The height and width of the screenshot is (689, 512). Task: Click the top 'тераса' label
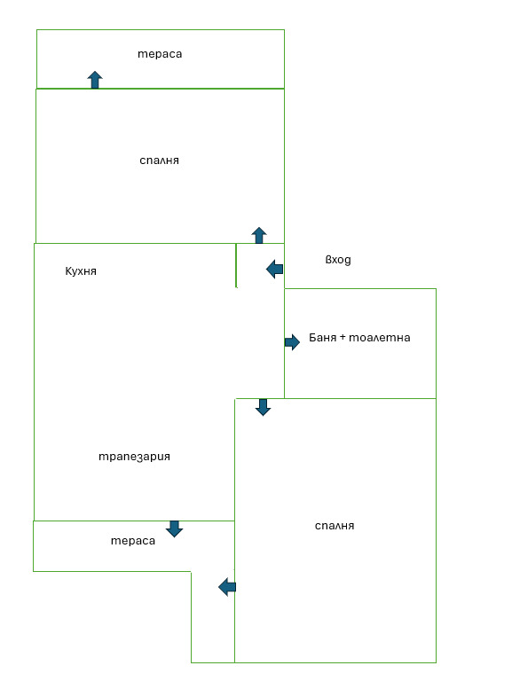click(160, 54)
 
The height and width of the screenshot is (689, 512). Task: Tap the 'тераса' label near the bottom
click(133, 541)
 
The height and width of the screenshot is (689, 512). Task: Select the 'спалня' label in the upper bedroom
click(159, 161)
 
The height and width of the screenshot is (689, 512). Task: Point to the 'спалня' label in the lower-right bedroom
click(335, 526)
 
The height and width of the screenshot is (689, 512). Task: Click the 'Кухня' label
click(81, 271)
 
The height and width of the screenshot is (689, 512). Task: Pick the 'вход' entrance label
click(338, 260)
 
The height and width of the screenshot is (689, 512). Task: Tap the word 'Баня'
click(322, 338)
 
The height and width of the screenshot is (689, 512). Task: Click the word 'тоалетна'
click(380, 338)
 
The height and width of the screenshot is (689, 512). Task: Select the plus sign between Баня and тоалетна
click(343, 338)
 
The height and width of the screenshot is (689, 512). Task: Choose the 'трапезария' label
click(134, 457)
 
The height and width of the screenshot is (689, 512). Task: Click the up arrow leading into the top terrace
click(95, 80)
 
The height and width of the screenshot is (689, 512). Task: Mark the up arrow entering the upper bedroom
click(259, 236)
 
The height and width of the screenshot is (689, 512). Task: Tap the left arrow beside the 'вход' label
click(275, 269)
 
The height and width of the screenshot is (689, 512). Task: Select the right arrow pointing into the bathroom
click(292, 342)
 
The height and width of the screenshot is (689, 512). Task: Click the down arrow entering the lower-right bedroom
click(263, 407)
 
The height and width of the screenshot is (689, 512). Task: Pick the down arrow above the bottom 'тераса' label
click(174, 529)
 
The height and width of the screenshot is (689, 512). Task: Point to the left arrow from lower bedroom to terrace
click(227, 587)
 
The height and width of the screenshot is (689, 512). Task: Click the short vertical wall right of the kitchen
click(236, 265)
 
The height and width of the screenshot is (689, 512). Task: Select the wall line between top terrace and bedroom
click(160, 89)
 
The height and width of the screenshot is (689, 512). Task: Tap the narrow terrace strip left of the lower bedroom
click(213, 617)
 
